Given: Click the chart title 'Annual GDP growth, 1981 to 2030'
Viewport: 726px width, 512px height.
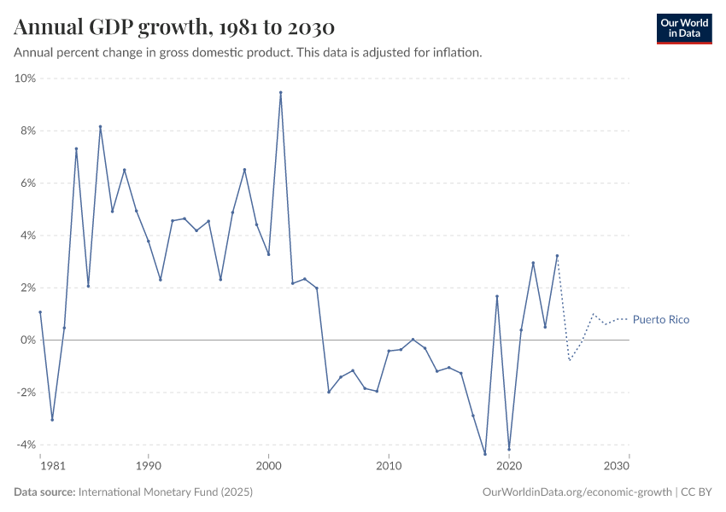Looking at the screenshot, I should [173, 27].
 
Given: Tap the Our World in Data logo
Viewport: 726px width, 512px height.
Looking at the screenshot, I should [683, 27].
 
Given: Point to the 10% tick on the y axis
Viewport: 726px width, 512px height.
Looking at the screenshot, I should [25, 79].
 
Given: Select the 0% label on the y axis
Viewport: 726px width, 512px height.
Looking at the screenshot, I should [27, 340].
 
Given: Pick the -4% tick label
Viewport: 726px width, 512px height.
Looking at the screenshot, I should [26, 445].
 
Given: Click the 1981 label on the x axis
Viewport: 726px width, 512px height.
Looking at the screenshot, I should [51, 468].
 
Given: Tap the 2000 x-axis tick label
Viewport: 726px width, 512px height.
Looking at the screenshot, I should [268, 468].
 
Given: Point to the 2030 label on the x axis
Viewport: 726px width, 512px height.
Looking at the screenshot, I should [617, 468].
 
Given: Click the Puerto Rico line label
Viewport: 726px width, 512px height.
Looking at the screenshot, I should [661, 320].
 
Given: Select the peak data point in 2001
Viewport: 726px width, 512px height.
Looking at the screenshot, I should [280, 92].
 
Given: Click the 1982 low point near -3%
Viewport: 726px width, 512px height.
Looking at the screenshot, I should [52, 420].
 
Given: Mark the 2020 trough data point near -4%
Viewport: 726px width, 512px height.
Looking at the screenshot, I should [509, 450].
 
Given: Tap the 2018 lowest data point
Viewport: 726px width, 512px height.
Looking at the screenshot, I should [485, 454].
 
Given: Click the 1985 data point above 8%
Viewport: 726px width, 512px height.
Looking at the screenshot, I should [100, 127].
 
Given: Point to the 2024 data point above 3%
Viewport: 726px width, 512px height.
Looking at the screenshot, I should [557, 255].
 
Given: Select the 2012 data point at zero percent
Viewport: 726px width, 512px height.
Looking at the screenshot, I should [413, 339].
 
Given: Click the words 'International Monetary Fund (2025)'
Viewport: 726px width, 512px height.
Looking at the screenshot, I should [165, 492].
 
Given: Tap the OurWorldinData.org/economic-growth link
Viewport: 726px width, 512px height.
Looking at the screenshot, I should [577, 492].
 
